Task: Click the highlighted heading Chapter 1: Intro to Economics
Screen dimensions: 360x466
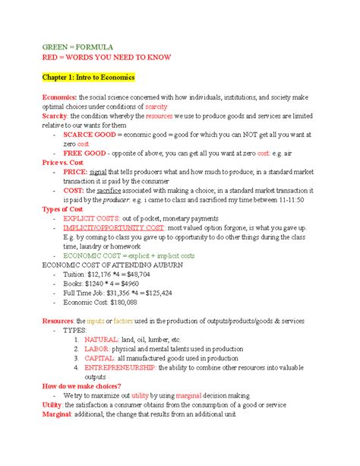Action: pyautogui.click(x=88, y=77)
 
